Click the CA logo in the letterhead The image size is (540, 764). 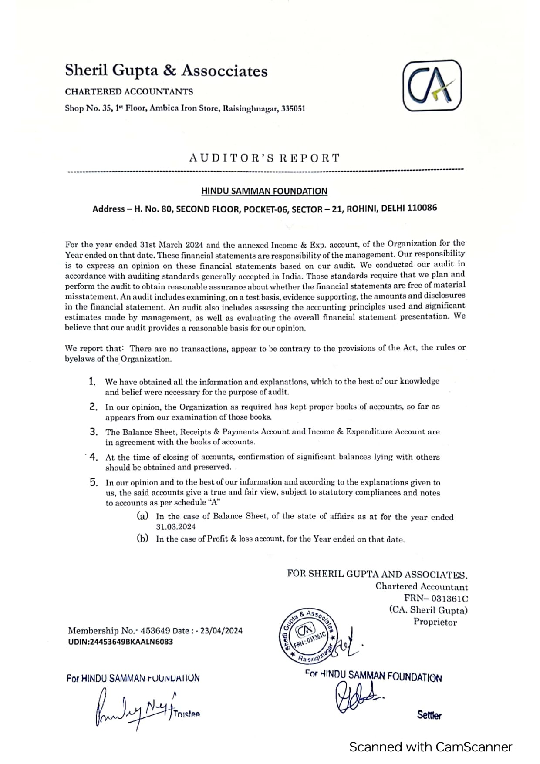coord(432,86)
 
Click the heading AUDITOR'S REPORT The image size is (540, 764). coord(264,158)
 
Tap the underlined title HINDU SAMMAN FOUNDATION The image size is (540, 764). coord(264,191)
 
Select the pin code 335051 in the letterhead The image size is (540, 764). coord(293,108)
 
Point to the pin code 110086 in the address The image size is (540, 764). coord(422,208)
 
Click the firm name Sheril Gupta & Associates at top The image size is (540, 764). coord(166,71)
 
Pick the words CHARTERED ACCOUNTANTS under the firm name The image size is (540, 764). coord(129,92)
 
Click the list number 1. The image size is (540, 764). coord(92,382)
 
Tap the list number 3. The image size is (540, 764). coord(94,432)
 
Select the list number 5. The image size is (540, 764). coord(94,482)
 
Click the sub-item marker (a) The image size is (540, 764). coord(143,516)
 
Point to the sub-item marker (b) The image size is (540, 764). coord(143,539)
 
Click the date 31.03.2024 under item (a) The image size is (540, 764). coord(176,527)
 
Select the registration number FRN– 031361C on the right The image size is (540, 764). coord(436,599)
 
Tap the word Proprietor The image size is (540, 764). coord(435,622)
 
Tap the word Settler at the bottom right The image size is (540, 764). coord(429,715)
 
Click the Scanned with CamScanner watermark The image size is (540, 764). coord(431,747)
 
